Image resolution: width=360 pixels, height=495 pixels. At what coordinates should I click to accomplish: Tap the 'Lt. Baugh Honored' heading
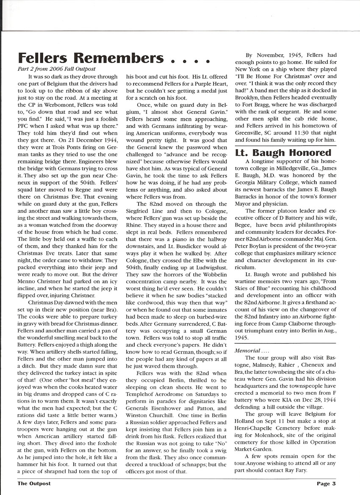283,152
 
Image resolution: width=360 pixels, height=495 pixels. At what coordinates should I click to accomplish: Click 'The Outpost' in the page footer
35,483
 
